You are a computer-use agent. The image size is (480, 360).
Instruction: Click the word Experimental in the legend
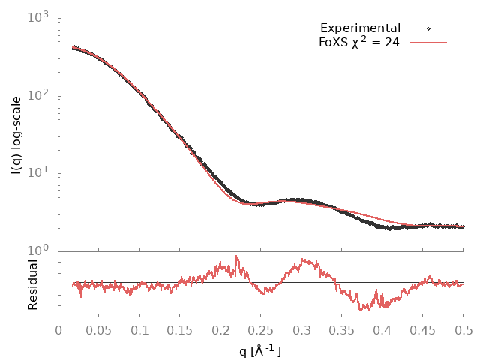(360, 28)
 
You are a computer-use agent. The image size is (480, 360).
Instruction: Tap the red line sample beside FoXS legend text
(427, 43)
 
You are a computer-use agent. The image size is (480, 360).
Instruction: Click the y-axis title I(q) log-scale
(16, 136)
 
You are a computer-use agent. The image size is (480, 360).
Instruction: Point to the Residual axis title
(32, 284)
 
